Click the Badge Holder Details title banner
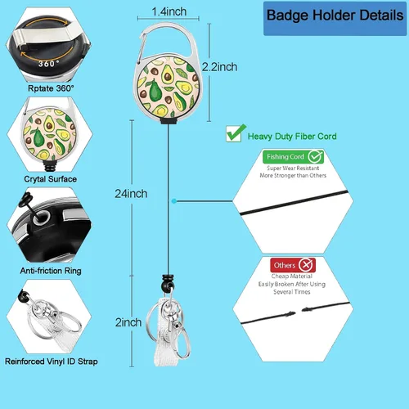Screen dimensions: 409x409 pyautogui.click(x=335, y=19)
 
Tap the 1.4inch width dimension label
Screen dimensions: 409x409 pyautogui.click(x=169, y=11)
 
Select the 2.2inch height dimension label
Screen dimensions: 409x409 pyautogui.click(x=219, y=67)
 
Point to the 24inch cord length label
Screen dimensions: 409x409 pyautogui.click(x=131, y=194)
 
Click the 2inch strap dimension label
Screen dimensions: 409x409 pyautogui.click(x=128, y=322)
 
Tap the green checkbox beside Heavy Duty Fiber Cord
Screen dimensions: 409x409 pyautogui.click(x=235, y=133)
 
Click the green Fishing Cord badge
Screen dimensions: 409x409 pyautogui.click(x=293, y=156)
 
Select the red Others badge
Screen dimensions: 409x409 pyautogui.click(x=293, y=265)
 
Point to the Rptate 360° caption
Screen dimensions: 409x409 pyautogui.click(x=51, y=88)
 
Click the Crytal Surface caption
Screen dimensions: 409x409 pyautogui.click(x=50, y=179)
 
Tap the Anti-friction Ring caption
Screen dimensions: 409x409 pyautogui.click(x=51, y=271)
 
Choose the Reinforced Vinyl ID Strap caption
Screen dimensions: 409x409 pyautogui.click(x=52, y=362)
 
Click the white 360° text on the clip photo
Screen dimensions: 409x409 pyautogui.click(x=48, y=64)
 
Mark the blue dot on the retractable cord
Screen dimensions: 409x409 pyautogui.click(x=174, y=201)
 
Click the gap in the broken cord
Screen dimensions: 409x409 pyautogui.click(x=299, y=312)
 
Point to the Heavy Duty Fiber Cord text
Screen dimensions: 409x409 pyautogui.click(x=292, y=137)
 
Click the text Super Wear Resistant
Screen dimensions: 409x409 pyautogui.click(x=293, y=168)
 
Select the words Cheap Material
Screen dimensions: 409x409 pyautogui.click(x=292, y=276)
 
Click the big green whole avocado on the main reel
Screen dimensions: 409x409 pyautogui.click(x=155, y=89)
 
